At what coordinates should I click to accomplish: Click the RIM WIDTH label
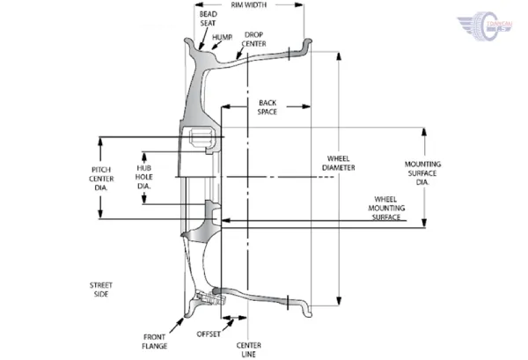tap(248, 5)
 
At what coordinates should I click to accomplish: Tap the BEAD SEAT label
tap(208, 18)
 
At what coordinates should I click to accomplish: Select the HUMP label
tap(222, 37)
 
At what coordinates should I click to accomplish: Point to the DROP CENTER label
tap(254, 40)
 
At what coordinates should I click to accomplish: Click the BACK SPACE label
tap(268, 107)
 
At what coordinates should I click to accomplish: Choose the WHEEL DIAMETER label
tap(339, 163)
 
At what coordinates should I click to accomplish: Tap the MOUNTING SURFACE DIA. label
tap(422, 173)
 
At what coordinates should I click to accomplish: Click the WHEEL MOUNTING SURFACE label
tap(386, 208)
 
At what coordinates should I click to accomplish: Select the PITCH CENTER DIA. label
tap(101, 179)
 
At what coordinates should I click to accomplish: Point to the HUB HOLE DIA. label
tap(144, 177)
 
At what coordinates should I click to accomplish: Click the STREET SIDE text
tap(101, 290)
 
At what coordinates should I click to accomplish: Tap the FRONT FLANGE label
tap(155, 342)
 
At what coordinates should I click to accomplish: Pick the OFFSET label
tap(209, 334)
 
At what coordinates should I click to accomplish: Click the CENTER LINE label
tap(248, 349)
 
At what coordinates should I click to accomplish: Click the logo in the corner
tap(485, 26)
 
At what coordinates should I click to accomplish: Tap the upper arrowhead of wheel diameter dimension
tap(339, 56)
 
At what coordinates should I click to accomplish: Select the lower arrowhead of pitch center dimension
tap(100, 214)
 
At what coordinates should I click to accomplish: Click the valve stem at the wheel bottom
tap(209, 298)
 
